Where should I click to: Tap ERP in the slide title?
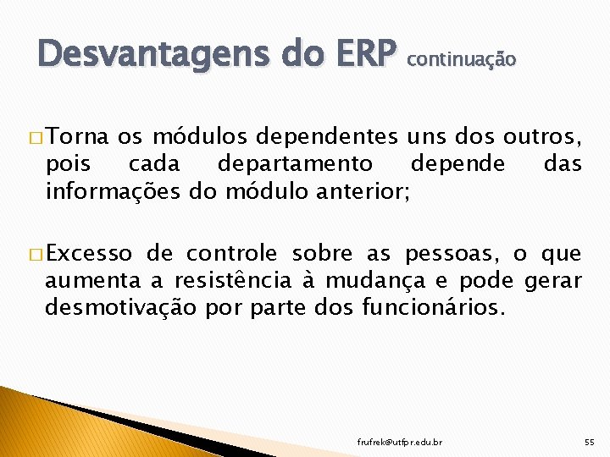[x=358, y=55]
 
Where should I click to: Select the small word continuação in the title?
[x=461, y=59]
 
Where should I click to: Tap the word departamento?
[x=294, y=163]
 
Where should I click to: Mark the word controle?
[x=231, y=253]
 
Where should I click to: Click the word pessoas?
[x=452, y=253]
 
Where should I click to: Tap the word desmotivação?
[x=121, y=308]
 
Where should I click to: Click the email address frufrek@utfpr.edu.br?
[x=400, y=442]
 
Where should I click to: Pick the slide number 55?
[x=590, y=442]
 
